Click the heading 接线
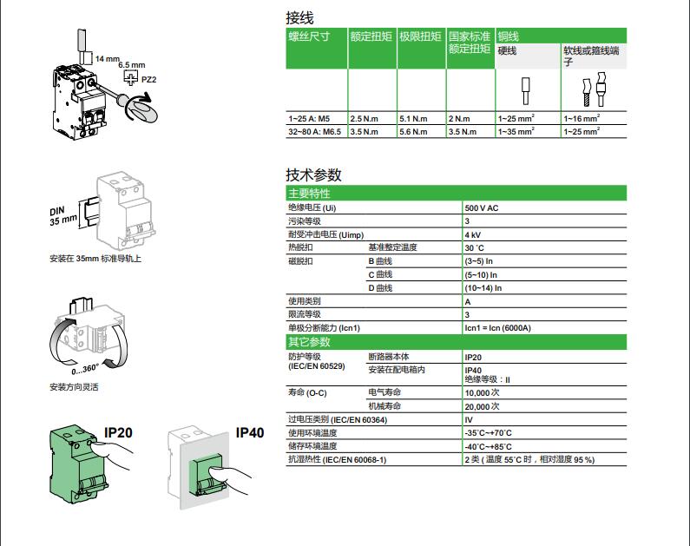pyautogui.click(x=300, y=17)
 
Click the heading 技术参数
pyautogui.click(x=314, y=174)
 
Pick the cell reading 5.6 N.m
pyautogui.click(x=413, y=132)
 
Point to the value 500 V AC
pyautogui.click(x=482, y=209)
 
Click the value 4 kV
pyautogui.click(x=473, y=235)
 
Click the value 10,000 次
pyautogui.click(x=483, y=393)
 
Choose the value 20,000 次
pyautogui.click(x=483, y=406)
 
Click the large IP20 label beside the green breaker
pyautogui.click(x=118, y=432)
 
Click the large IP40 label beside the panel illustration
pyautogui.click(x=249, y=432)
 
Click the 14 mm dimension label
pyautogui.click(x=107, y=58)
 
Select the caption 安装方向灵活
pyautogui.click(x=74, y=387)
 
